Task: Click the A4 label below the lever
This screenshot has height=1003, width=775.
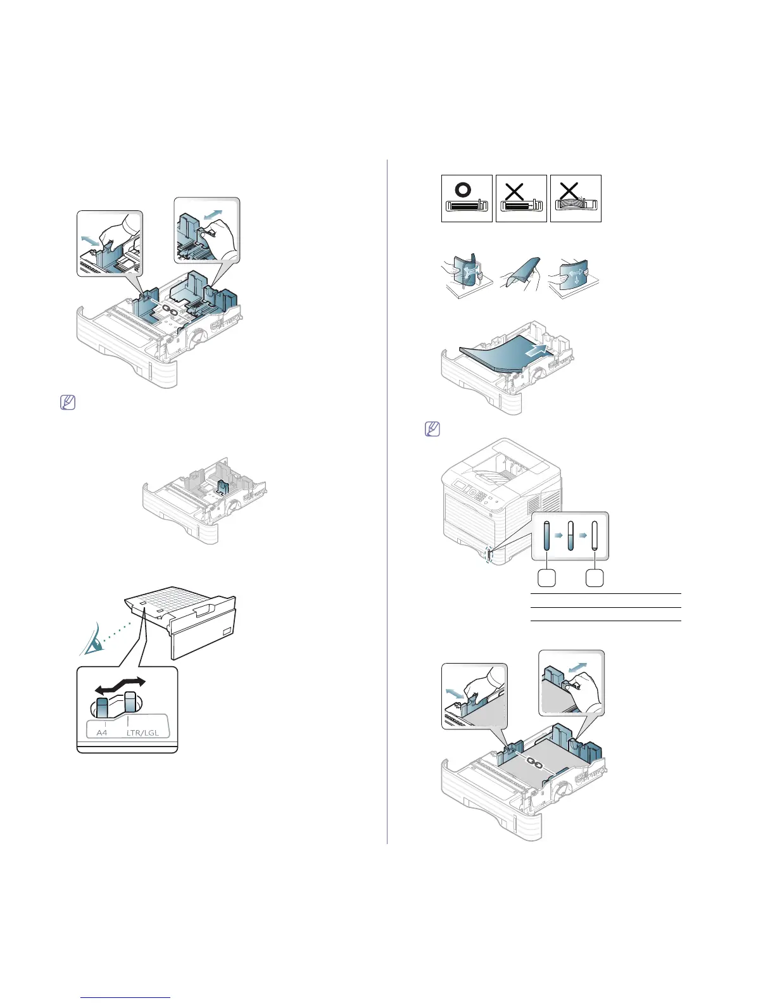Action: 102,732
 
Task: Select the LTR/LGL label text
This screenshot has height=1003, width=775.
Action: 142,732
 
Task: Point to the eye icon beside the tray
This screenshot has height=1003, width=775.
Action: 92,643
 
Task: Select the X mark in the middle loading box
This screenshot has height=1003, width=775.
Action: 515,190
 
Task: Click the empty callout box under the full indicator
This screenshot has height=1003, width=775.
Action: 546,577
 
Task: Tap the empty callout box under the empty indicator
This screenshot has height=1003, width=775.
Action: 594,577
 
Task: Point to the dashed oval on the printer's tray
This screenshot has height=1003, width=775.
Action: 488,553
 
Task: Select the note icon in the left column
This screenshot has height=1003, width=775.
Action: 68,402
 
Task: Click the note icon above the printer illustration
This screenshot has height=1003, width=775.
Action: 431,429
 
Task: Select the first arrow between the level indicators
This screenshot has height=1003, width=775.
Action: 558,535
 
